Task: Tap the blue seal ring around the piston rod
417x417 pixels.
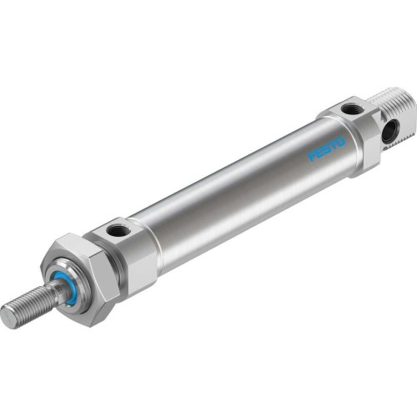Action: click(64, 286)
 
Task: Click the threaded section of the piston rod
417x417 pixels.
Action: click(29, 305)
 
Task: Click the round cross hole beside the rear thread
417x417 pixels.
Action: click(389, 132)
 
